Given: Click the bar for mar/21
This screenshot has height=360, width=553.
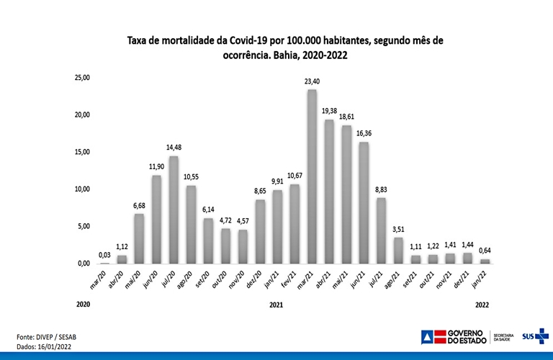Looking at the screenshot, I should (312, 176).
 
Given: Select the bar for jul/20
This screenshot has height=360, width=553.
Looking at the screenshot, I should (174, 210).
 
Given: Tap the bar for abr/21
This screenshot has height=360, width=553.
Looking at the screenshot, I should (329, 192).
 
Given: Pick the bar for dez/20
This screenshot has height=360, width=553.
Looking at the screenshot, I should (260, 231).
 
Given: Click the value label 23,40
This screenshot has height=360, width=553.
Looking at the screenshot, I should (312, 81).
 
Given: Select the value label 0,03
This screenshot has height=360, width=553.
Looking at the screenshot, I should (104, 255).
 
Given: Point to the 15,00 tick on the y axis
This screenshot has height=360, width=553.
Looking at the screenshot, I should (80, 152).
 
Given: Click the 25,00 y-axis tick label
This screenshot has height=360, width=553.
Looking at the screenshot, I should (80, 77).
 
